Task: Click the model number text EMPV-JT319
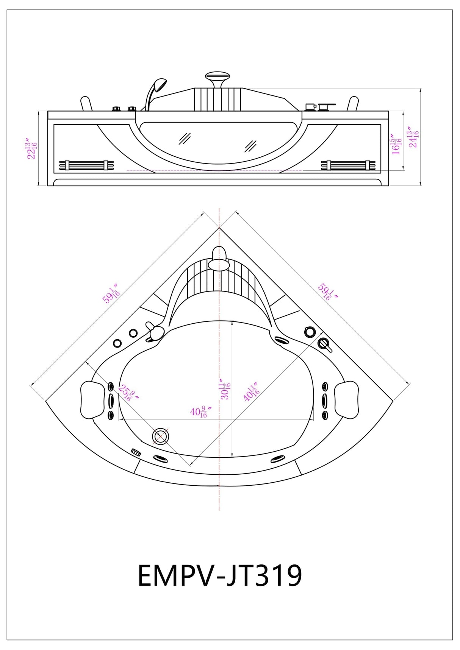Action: tap(219, 575)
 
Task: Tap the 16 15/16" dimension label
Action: tap(396, 144)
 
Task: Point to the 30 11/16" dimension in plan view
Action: tap(225, 389)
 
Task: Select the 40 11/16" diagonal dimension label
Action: tap(251, 391)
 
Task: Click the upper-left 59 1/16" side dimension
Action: tap(111, 293)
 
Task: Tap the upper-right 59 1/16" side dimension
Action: tap(327, 292)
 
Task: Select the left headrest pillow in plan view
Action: tap(93, 400)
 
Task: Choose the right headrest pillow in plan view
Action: tap(346, 400)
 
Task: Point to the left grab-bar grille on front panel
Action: tap(86, 165)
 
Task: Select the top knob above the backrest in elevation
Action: tap(217, 77)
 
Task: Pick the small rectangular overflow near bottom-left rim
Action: tap(136, 452)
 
